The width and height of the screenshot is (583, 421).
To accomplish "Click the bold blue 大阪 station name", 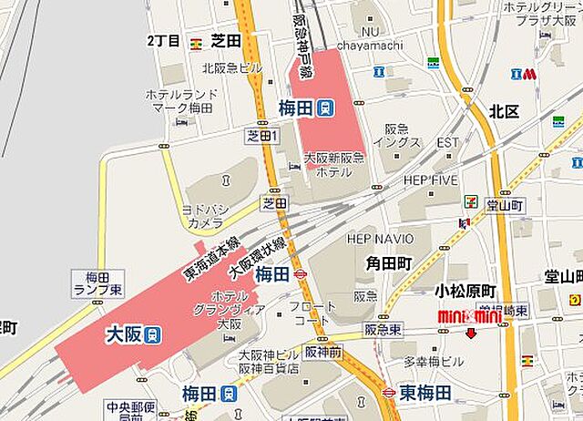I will point(122,334).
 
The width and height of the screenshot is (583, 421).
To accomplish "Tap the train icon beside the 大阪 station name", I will point(154,334).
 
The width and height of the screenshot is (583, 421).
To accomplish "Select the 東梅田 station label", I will point(425,393).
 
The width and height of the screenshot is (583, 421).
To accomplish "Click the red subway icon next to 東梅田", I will point(389,393).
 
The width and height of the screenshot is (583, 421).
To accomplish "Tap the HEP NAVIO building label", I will point(381,238).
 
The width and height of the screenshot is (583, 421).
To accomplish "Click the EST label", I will point(447,143).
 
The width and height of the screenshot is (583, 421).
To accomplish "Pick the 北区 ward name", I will point(503,111).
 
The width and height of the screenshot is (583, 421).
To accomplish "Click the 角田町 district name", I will point(389,263).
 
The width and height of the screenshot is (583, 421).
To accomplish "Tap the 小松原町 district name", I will point(465,291).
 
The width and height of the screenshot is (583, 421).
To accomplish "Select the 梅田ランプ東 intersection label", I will point(90,282).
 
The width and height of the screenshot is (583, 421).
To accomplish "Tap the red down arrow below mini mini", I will point(470,334).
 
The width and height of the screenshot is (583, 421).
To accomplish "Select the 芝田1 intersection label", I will point(261,135).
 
